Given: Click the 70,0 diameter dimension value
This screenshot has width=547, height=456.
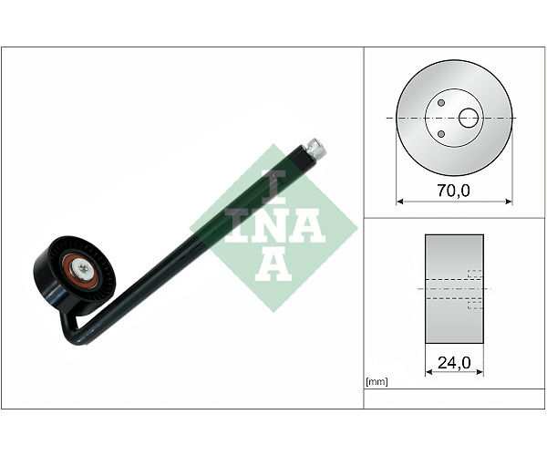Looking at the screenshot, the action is [453, 191].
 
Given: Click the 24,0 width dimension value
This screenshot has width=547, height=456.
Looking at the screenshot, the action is [454, 363].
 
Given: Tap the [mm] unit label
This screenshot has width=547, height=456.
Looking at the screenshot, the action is [377, 382].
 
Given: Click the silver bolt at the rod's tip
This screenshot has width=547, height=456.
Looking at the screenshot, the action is [316, 147].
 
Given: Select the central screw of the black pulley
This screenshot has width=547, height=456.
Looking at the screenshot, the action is [82, 268].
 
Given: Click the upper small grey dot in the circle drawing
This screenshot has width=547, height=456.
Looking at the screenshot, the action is [441, 103].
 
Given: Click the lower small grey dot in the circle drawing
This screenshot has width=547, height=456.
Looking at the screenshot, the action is [441, 134].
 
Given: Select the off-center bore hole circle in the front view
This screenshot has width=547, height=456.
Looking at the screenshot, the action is [469, 118].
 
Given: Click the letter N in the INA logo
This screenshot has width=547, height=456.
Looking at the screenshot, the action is [275, 226].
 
